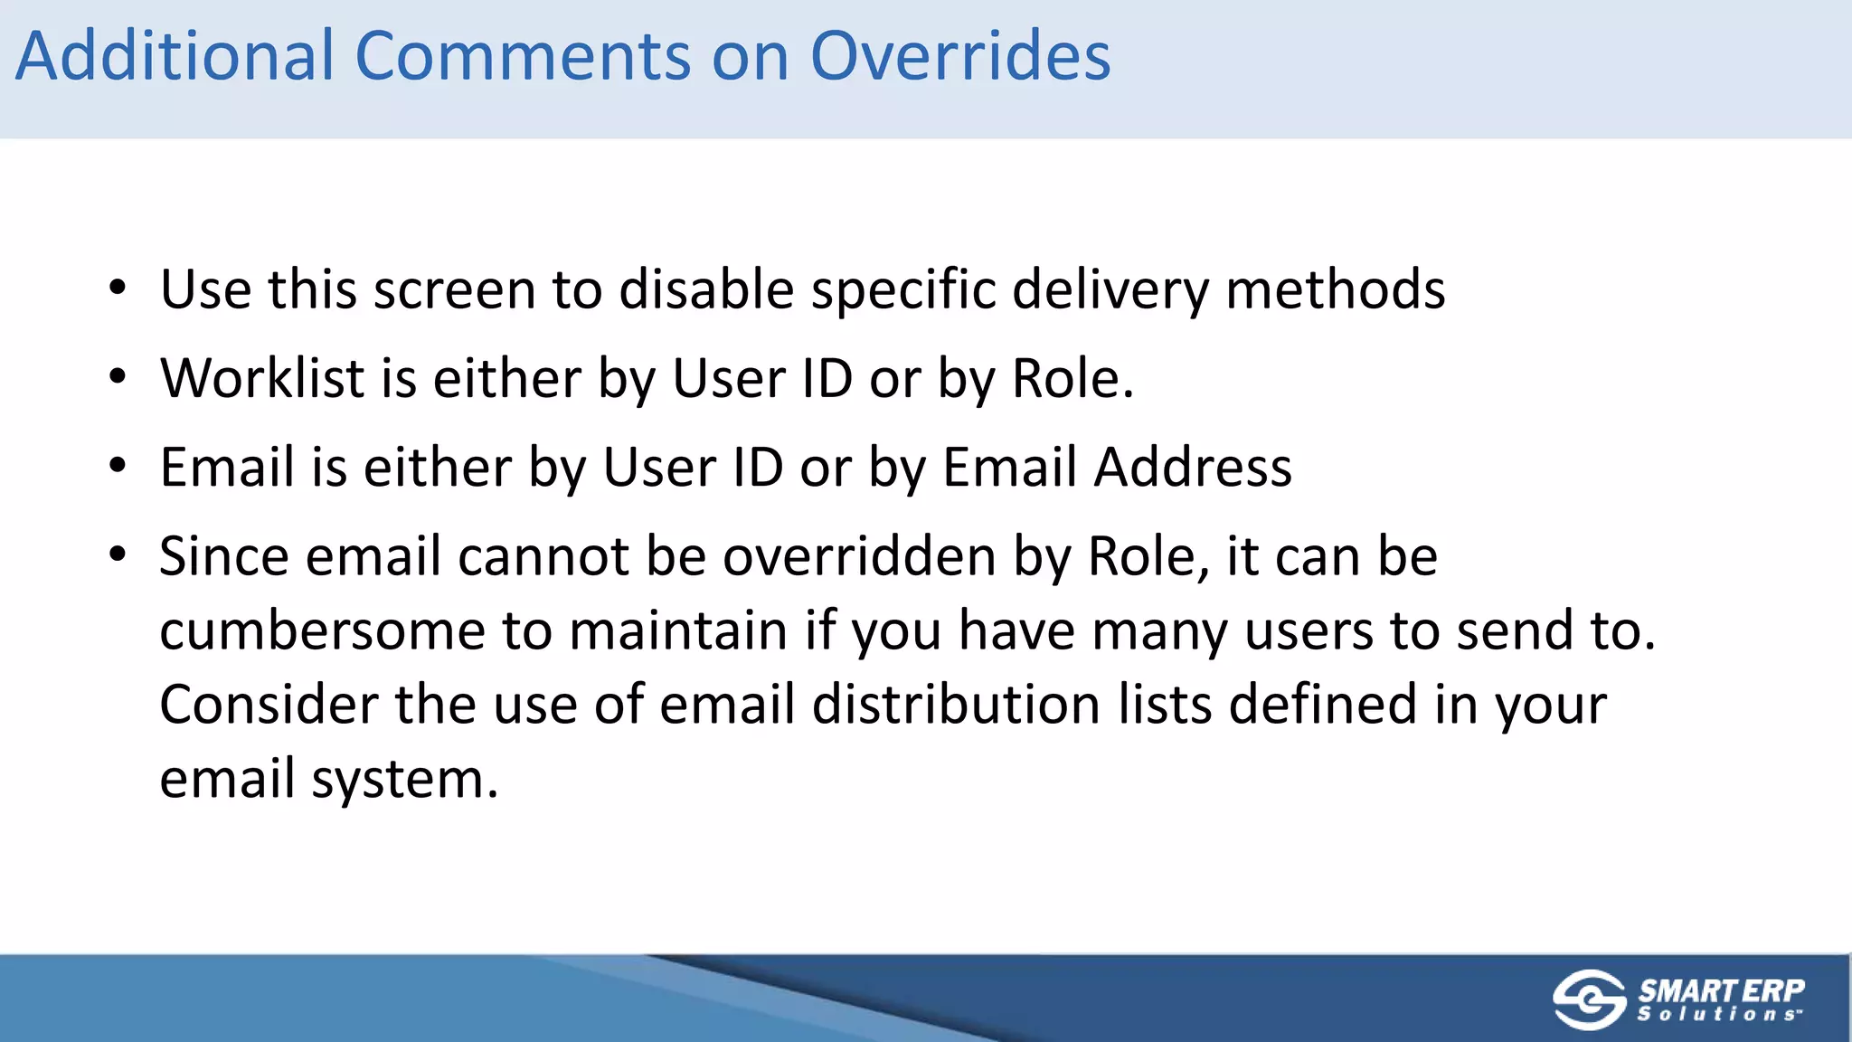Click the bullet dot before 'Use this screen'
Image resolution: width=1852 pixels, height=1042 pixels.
118,289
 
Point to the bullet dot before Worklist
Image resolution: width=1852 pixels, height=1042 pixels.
118,378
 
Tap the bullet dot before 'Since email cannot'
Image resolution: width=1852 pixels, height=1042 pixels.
118,554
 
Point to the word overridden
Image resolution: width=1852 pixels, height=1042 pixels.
859,555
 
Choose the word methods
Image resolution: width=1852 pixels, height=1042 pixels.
1335,289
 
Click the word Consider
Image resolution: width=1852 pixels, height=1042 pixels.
269,704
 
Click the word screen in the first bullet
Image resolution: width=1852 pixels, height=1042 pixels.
455,289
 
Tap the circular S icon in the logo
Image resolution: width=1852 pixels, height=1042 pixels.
1589,999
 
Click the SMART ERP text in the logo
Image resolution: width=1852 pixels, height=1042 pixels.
1721,990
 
